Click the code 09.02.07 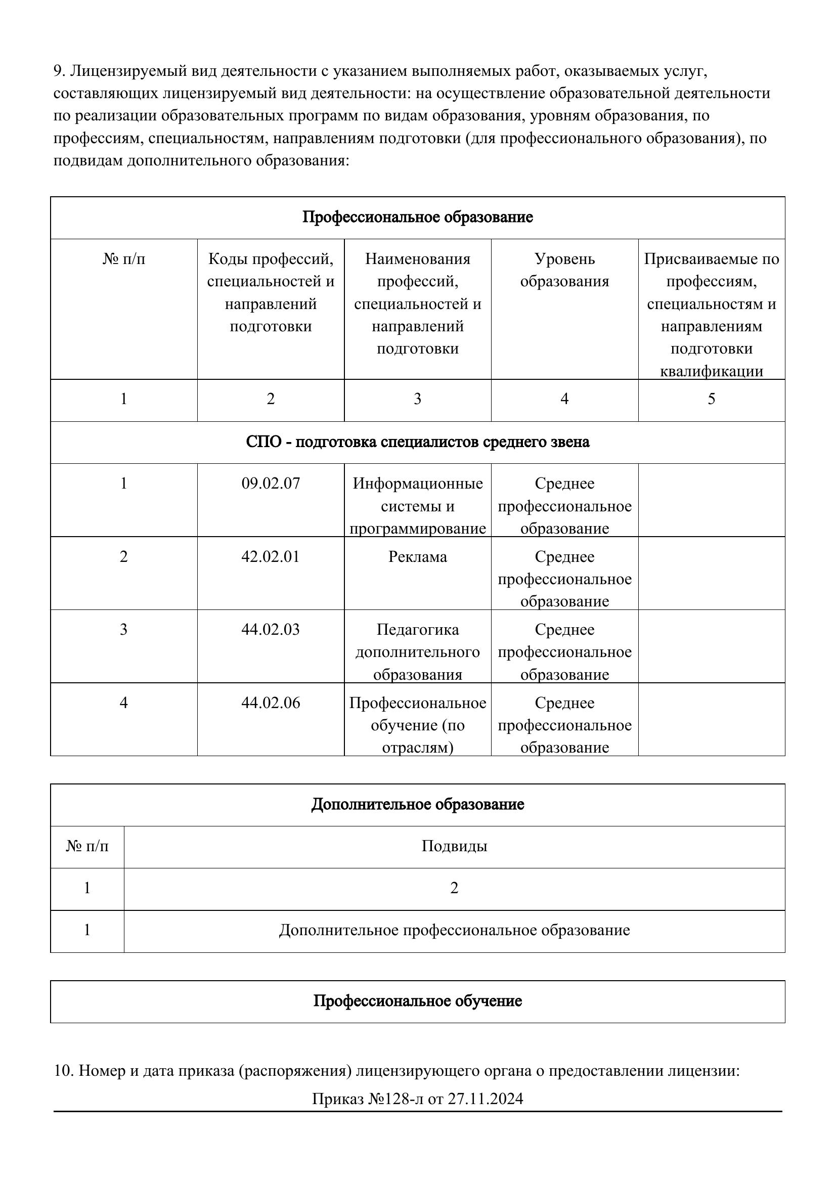(x=271, y=484)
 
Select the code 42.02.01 (x=271, y=556)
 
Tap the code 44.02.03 (x=271, y=629)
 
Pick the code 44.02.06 (x=271, y=703)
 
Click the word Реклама (x=417, y=556)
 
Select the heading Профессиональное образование (x=417, y=217)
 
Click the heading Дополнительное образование (x=417, y=804)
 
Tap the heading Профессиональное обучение (x=417, y=1000)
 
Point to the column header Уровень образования (x=564, y=270)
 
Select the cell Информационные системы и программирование (x=417, y=505)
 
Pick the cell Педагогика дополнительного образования (x=417, y=652)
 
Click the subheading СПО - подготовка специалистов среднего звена (x=417, y=442)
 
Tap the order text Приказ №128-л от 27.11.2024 (x=417, y=1099)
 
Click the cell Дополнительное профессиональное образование (x=454, y=930)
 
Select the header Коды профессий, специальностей (x=271, y=292)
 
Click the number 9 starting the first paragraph (x=58, y=71)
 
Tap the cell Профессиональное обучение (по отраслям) (x=417, y=725)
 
